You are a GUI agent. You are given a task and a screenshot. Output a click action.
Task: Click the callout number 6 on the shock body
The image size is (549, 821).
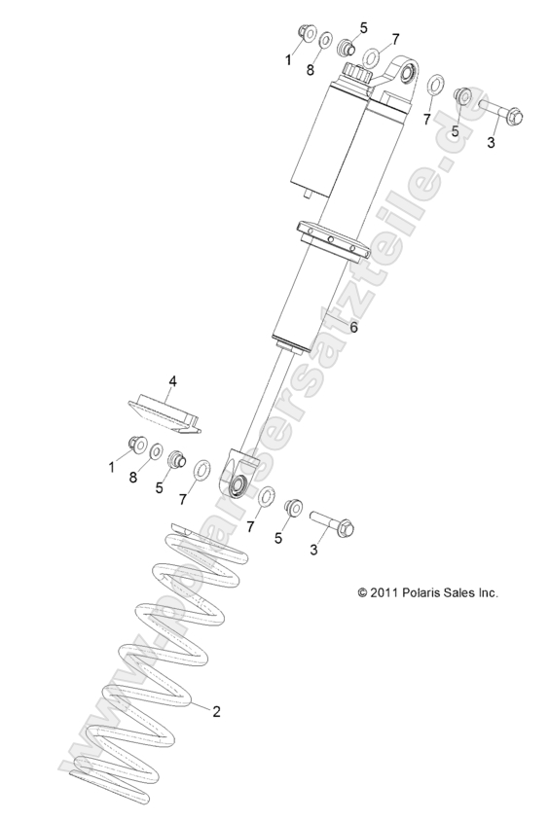pyautogui.click(x=353, y=328)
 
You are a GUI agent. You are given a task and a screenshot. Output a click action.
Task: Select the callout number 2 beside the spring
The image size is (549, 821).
pyautogui.click(x=216, y=711)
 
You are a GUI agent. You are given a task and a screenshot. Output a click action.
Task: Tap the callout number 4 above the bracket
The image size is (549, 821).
pyautogui.click(x=171, y=381)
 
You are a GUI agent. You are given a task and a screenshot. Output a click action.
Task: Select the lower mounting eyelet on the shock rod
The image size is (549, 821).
pyautogui.click(x=237, y=478)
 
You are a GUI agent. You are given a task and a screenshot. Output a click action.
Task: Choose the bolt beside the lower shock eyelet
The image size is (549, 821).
pyautogui.click(x=331, y=526)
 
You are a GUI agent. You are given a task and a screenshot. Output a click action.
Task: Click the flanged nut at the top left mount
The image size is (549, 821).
pyautogui.click(x=302, y=36)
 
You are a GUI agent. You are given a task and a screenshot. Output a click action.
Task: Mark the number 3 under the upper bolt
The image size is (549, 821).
pyautogui.click(x=491, y=142)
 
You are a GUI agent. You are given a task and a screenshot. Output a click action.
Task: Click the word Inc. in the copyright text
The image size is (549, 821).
pyautogui.click(x=485, y=591)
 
